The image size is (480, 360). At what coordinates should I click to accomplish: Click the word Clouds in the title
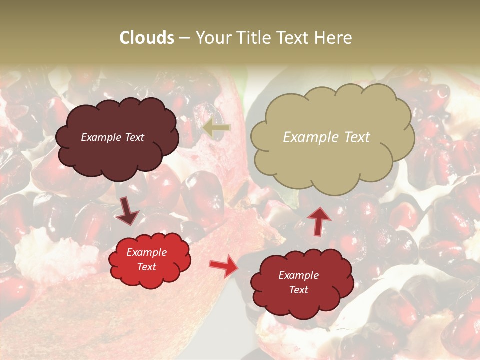pyautogui.click(x=147, y=38)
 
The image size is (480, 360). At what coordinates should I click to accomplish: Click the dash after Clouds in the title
pyautogui.click(x=184, y=38)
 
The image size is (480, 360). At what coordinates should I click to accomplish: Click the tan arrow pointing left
pyautogui.click(x=217, y=128)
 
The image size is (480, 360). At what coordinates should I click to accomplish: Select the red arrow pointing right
pyautogui.click(x=224, y=265)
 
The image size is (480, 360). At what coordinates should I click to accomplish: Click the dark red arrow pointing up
pyautogui.click(x=318, y=220)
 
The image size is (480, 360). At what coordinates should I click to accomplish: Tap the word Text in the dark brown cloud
pyautogui.click(x=134, y=137)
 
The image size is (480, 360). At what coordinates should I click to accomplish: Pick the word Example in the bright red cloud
pyautogui.click(x=146, y=252)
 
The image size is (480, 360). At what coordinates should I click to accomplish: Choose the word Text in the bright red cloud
pyautogui.click(x=146, y=267)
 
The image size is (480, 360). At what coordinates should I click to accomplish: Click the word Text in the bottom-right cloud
pyautogui.click(x=298, y=290)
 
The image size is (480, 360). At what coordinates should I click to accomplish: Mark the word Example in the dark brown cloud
pyautogui.click(x=102, y=137)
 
